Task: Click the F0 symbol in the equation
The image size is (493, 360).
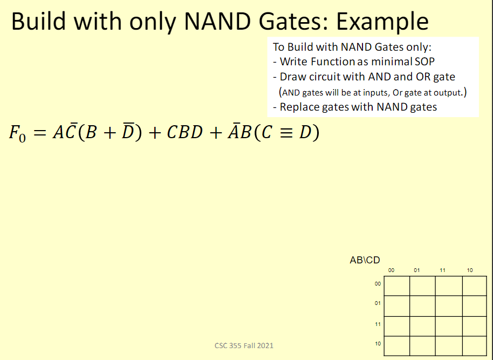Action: click(x=18, y=133)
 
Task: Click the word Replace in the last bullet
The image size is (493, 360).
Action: click(x=299, y=107)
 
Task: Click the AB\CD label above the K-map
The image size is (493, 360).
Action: click(x=365, y=260)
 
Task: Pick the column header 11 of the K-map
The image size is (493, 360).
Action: click(x=442, y=270)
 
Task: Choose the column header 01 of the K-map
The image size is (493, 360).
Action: click(x=417, y=270)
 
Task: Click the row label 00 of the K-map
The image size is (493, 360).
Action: click(x=378, y=283)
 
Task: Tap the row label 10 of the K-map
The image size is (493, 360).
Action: click(x=378, y=343)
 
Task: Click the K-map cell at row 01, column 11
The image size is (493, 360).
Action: click(x=449, y=306)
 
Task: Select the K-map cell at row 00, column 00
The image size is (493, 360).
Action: click(x=396, y=286)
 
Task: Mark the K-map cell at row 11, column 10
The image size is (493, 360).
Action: click(x=474, y=326)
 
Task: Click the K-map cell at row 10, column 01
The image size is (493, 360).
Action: click(x=422, y=345)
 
